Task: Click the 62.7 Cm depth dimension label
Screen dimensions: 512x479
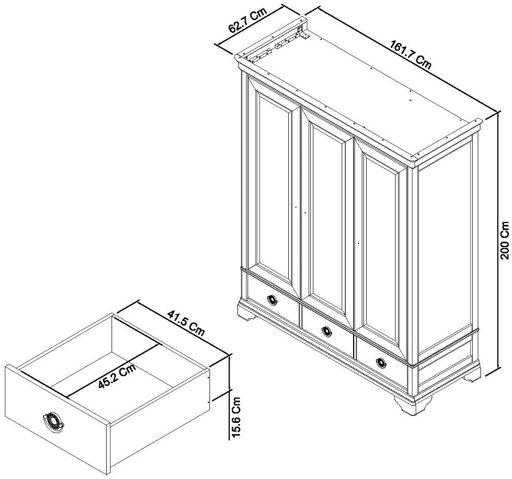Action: click(x=248, y=20)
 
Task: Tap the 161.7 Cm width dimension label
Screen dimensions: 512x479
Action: click(x=410, y=54)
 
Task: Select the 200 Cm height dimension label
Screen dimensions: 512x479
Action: click(x=505, y=240)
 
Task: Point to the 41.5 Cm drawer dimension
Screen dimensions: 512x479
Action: click(x=186, y=323)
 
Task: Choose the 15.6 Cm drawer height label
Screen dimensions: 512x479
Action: click(x=236, y=417)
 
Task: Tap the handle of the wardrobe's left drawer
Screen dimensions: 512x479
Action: click(x=272, y=300)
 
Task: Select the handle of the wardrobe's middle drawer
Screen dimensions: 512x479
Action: click(x=326, y=331)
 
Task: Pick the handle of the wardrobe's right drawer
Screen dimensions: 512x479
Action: click(x=381, y=363)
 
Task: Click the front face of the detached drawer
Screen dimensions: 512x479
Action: click(x=58, y=416)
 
